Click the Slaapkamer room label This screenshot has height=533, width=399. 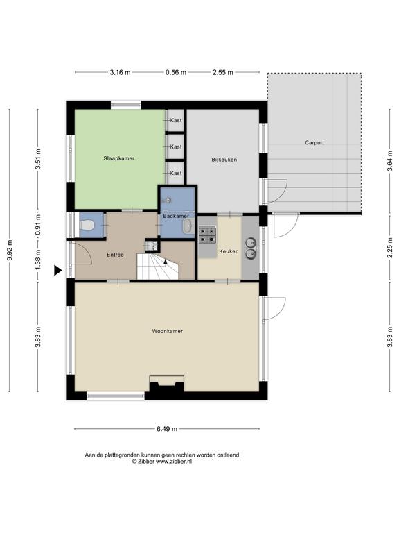click(x=118, y=158)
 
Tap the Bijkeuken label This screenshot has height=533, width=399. click(x=224, y=160)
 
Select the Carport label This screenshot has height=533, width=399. click(x=314, y=143)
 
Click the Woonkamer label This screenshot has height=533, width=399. click(x=167, y=331)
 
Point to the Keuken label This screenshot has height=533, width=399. click(x=229, y=251)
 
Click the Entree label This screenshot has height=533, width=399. click(x=115, y=255)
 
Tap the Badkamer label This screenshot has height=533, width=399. click(x=176, y=217)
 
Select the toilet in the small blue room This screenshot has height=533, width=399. click(x=87, y=225)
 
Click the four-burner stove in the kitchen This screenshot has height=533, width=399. click(x=207, y=235)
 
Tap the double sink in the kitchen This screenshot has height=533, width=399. click(x=251, y=248)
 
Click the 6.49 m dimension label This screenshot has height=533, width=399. click(x=167, y=429)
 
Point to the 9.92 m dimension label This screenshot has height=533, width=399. click(x=10, y=251)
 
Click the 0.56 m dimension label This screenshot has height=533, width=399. click(x=176, y=72)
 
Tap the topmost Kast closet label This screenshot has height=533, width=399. click(x=176, y=120)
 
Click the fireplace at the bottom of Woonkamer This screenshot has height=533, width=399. click(x=167, y=384)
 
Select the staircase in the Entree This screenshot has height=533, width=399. click(x=157, y=266)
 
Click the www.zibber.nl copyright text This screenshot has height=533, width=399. click(x=174, y=462)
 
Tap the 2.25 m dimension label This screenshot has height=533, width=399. click(x=390, y=248)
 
